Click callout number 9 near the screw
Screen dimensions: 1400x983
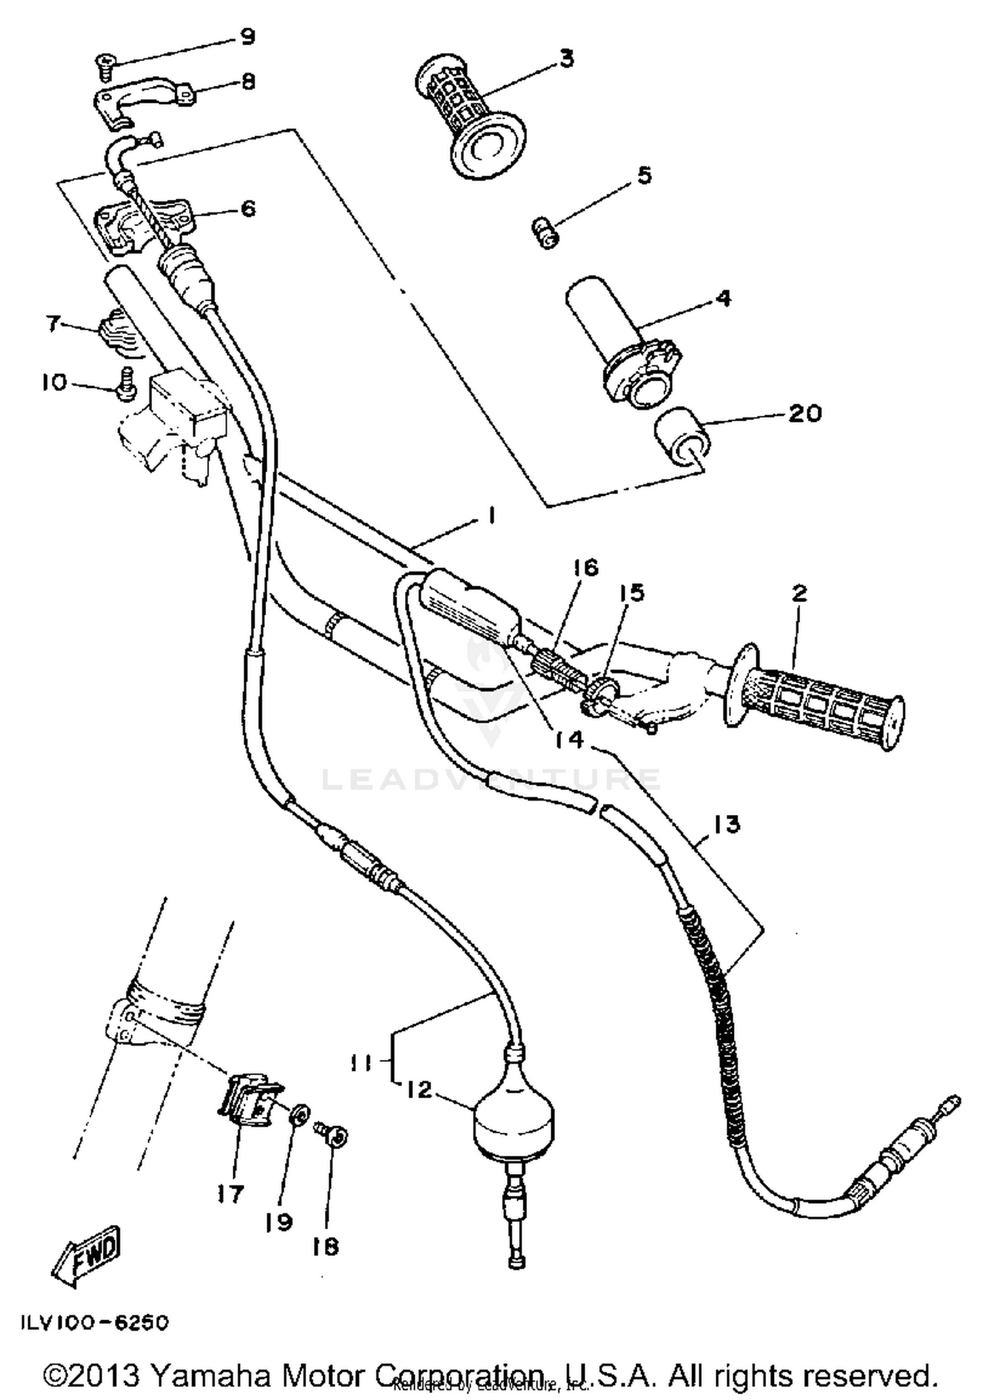(x=247, y=37)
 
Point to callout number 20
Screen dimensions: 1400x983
(x=804, y=413)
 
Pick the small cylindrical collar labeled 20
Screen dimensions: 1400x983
(x=681, y=436)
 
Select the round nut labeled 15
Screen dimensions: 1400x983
(x=600, y=694)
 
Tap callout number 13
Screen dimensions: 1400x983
(x=725, y=824)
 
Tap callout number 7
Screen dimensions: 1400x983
(x=54, y=323)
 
